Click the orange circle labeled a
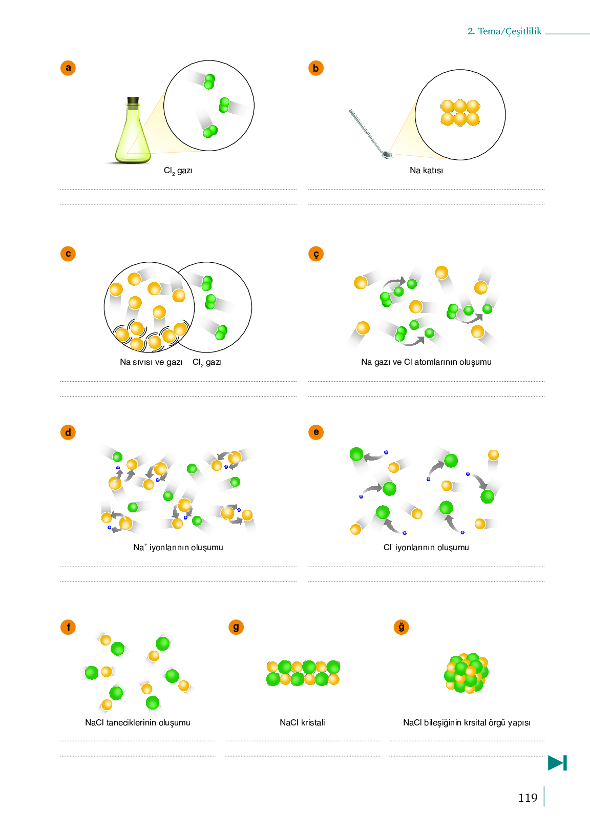(68, 68)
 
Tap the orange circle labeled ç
(316, 254)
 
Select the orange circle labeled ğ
(402, 627)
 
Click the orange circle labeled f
(68, 627)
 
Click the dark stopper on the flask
(133, 100)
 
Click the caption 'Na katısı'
(426, 171)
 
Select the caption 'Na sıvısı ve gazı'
(151, 362)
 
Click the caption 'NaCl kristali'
(302, 722)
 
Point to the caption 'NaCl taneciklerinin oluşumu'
(138, 722)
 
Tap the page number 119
(528, 798)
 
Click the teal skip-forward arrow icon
(557, 763)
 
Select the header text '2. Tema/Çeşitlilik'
(504, 31)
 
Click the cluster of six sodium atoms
(460, 113)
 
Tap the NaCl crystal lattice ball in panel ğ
(467, 673)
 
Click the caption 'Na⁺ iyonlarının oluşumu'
(178, 547)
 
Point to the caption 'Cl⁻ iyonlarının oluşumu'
(426, 547)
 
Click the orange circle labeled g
(236, 627)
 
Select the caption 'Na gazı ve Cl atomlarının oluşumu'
(426, 362)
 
